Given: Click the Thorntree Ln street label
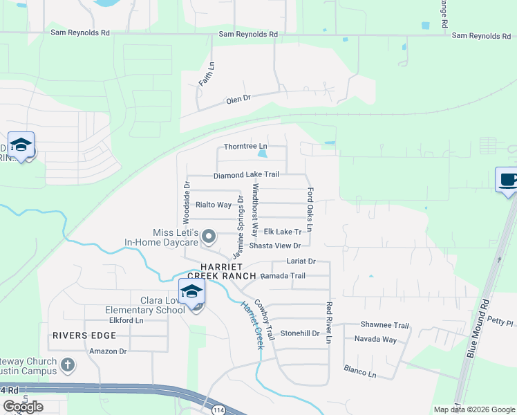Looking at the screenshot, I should pos(245,147).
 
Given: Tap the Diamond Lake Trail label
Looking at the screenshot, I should pos(246,175).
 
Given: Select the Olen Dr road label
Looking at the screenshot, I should pos(238,100).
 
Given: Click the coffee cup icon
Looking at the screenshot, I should pos(508,181).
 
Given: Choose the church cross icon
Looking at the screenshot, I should pos(67,364).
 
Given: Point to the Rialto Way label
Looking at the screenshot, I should pos(213,205).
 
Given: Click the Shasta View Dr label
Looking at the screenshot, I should pos(275,246).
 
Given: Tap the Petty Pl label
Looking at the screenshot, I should pos(500,322).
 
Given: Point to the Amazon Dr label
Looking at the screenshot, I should pos(109,351).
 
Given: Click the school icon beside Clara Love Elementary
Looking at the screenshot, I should pos(192,292).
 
